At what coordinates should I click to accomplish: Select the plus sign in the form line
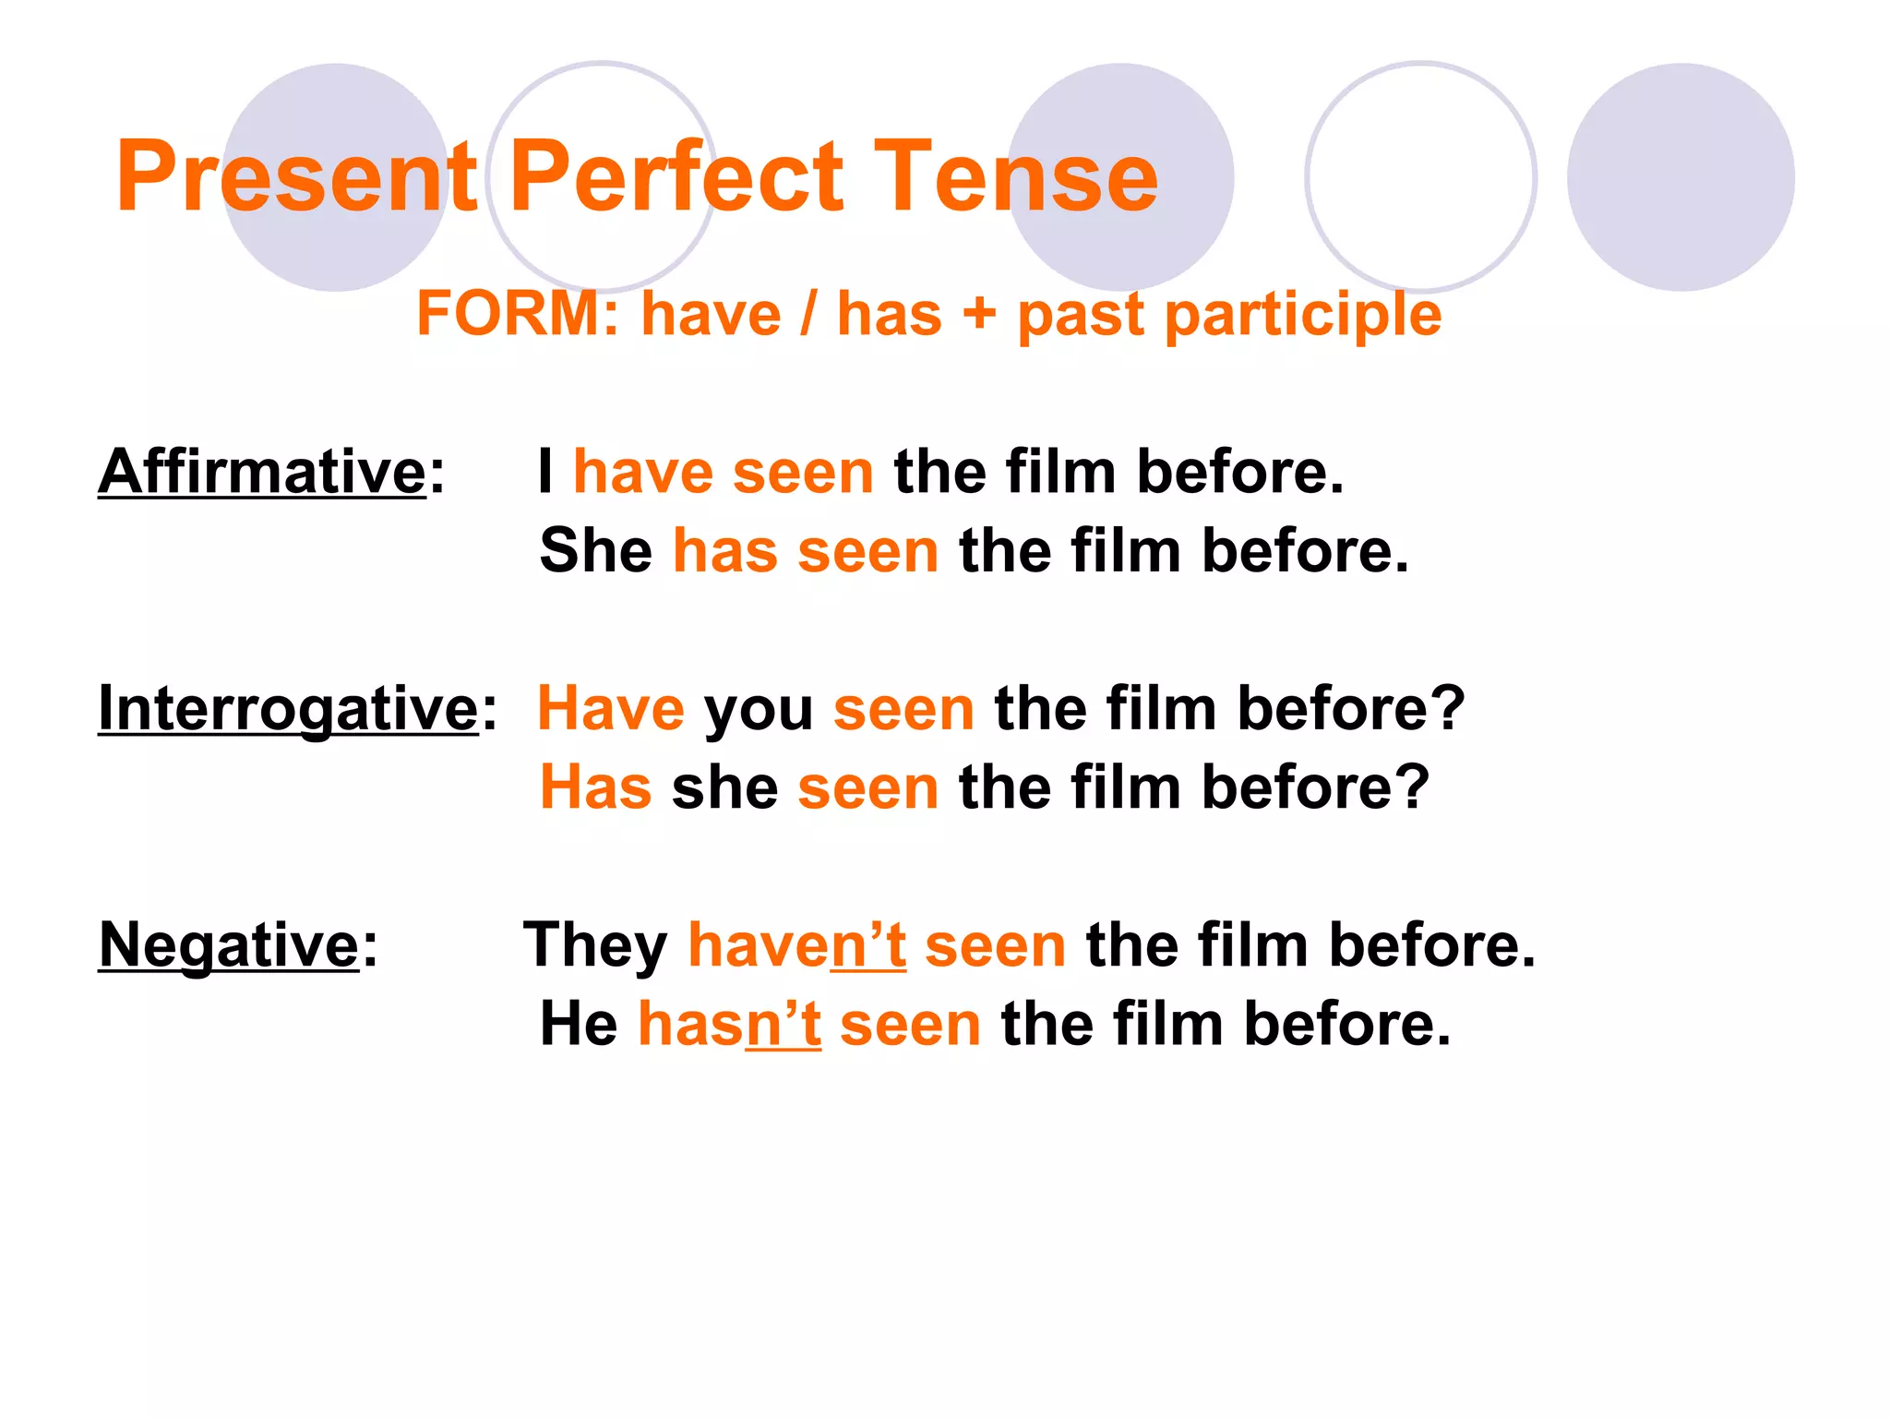pyautogui.click(x=979, y=314)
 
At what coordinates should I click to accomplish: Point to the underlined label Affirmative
pyautogui.click(x=262, y=472)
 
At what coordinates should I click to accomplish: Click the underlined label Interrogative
pyautogui.click(x=288, y=709)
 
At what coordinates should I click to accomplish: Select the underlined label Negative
pyautogui.click(x=229, y=945)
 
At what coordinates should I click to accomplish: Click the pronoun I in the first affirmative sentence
pyautogui.click(x=546, y=472)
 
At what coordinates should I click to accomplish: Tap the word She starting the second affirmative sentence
pyautogui.click(x=596, y=551)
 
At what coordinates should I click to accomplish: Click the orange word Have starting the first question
pyautogui.click(x=611, y=709)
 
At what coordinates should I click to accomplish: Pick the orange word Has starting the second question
pyautogui.click(x=596, y=787)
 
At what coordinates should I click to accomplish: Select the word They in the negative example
pyautogui.click(x=595, y=945)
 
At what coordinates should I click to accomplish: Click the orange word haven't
pyautogui.click(x=797, y=945)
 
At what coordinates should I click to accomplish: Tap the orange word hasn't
pyautogui.click(x=729, y=1024)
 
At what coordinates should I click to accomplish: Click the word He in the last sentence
pyautogui.click(x=579, y=1024)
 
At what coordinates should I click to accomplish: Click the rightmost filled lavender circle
pyautogui.click(x=1681, y=177)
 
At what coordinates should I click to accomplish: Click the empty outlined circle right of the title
pyautogui.click(x=1420, y=177)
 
